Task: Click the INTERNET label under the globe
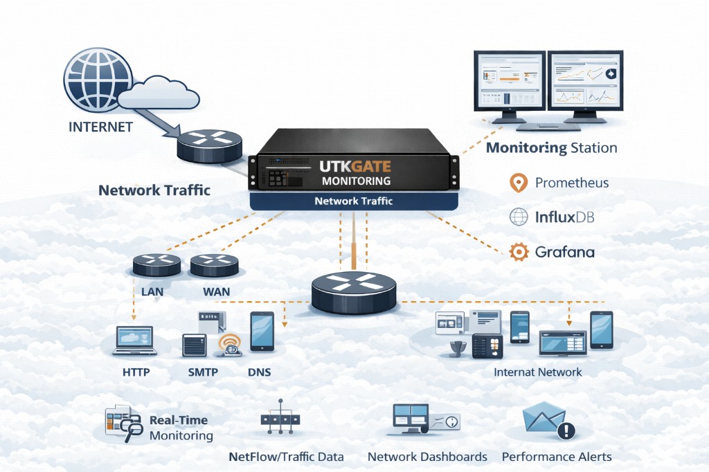[x=100, y=127]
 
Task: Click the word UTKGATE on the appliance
[x=355, y=167]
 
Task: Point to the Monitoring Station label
[x=551, y=147]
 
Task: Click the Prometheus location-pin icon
[x=518, y=183]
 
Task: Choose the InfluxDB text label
[x=564, y=217]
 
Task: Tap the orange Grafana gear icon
[x=519, y=252]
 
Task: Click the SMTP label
[x=203, y=372]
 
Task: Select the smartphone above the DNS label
[x=261, y=332]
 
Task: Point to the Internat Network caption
[x=537, y=372]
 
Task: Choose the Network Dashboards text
[x=427, y=457]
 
